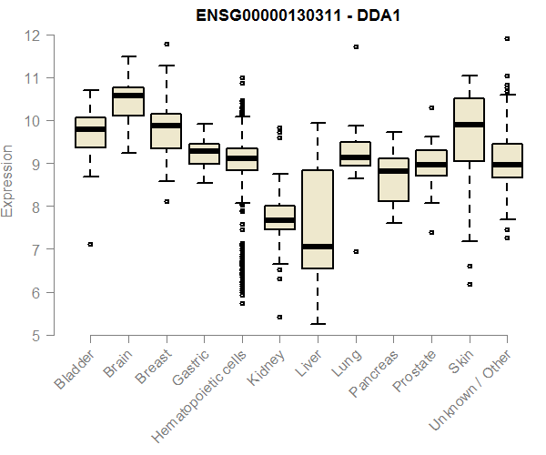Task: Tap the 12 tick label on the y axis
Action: point(33,35)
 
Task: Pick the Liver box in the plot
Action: point(317,219)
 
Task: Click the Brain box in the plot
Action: point(128,101)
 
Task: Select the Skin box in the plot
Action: point(469,129)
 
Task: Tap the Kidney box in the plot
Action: point(279,217)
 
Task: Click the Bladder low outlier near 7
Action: point(90,244)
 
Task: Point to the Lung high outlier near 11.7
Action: point(355,46)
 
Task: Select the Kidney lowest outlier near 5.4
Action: point(279,318)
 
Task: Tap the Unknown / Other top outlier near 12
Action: point(507,39)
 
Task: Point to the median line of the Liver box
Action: point(317,246)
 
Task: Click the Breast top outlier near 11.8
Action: point(166,44)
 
